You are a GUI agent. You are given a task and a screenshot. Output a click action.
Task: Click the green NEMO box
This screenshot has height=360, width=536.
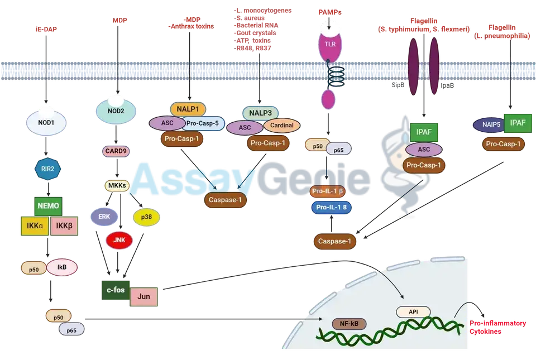[x=47, y=205]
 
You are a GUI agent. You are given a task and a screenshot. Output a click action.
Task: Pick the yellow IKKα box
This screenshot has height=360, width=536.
[x=32, y=226]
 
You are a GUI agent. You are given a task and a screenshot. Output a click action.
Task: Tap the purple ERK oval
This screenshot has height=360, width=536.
[x=104, y=216]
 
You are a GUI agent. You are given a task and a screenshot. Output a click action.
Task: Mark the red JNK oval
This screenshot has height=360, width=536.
[x=119, y=240]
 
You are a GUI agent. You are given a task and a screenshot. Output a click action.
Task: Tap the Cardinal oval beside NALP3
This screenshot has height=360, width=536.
[x=281, y=125]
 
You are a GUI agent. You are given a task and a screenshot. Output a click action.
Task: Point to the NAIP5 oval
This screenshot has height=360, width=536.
[x=489, y=124]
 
